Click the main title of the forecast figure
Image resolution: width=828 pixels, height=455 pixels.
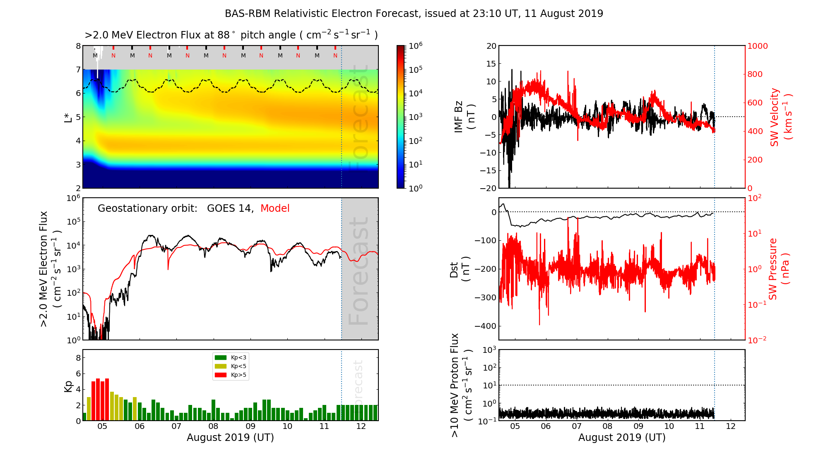pyautogui.click(x=414, y=14)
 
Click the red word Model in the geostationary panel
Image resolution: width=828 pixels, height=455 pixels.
pyautogui.click(x=275, y=208)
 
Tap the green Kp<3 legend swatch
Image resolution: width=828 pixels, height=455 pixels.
pyautogui.click(x=221, y=357)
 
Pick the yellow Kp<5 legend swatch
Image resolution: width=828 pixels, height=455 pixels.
pyautogui.click(x=221, y=366)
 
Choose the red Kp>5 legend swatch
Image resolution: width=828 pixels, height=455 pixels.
pyautogui.click(x=221, y=375)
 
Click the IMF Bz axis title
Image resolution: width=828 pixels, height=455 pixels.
pyautogui.click(x=465, y=117)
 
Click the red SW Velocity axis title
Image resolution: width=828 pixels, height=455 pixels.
pyautogui.click(x=781, y=117)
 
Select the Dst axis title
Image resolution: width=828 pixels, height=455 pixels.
pyautogui.click(x=460, y=269)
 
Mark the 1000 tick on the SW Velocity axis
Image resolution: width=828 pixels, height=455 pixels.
pyautogui.click(x=758, y=46)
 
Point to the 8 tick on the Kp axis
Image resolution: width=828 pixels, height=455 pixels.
pyautogui.click(x=78, y=358)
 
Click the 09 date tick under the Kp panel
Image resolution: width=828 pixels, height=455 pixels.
pyautogui.click(x=250, y=426)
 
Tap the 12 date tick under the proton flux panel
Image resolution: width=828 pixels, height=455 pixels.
pyautogui.click(x=731, y=426)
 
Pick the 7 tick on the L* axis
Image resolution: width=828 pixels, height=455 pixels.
pyautogui.click(x=78, y=69)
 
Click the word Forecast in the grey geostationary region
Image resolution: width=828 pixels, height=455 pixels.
pyautogui.click(x=359, y=271)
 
